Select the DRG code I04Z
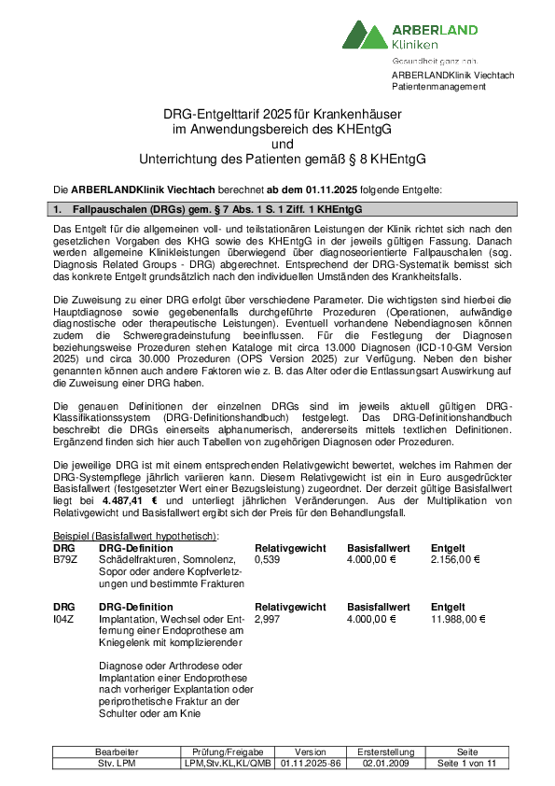pos(64,618)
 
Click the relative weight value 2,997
pos(267,618)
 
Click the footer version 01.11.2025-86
pos(311,763)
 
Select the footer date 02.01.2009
pos(384,763)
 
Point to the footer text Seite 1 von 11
pos(468,763)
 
